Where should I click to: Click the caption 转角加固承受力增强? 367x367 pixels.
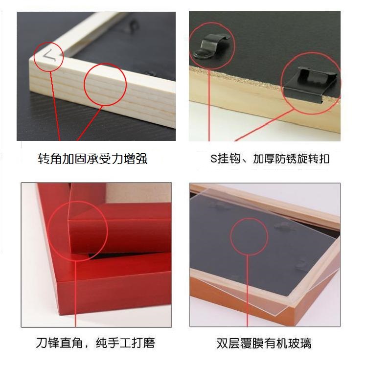92,159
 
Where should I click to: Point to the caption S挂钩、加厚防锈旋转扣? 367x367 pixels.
270,159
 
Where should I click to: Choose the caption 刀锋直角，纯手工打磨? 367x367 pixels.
95,343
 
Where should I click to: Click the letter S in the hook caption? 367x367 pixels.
213,159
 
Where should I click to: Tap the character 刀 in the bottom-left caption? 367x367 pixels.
42,343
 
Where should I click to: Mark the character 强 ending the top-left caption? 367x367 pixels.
141,159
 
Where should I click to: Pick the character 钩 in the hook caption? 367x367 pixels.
235,159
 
